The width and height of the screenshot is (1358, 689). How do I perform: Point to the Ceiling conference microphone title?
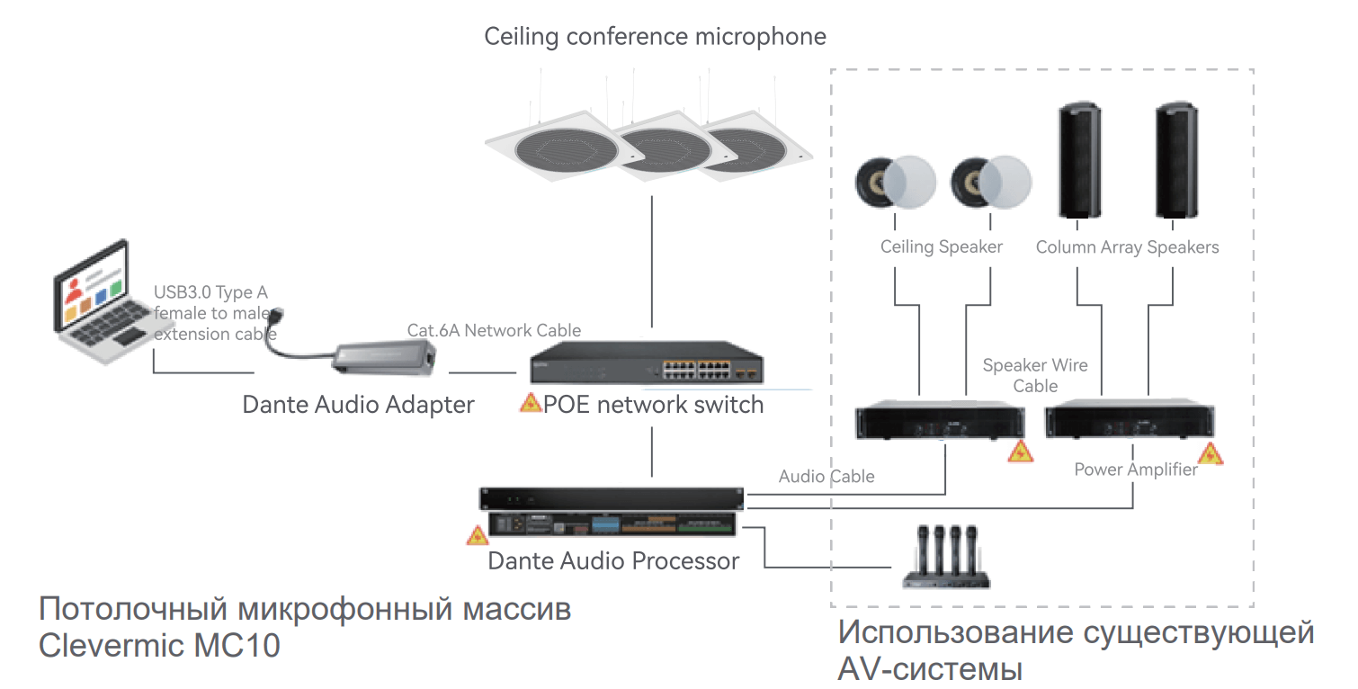pyautogui.click(x=655, y=37)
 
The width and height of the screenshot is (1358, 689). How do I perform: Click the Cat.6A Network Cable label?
pyautogui.click(x=494, y=330)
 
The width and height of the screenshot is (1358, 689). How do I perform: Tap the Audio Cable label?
pyautogui.click(x=826, y=477)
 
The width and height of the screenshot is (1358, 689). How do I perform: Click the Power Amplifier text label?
pyautogui.click(x=1135, y=470)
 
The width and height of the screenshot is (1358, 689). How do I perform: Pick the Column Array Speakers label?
pyautogui.click(x=1127, y=247)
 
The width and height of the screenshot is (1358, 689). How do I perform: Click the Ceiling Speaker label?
pyautogui.click(x=941, y=247)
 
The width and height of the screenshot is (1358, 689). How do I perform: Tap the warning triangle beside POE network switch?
pyautogui.click(x=531, y=403)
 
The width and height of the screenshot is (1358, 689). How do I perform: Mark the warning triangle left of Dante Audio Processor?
pyautogui.click(x=477, y=536)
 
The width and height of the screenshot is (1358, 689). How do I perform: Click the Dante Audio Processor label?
pyautogui.click(x=612, y=561)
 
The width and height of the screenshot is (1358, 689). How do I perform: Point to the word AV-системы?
pyautogui.click(x=929, y=669)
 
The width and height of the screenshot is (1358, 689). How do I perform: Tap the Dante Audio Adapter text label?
pyautogui.click(x=358, y=405)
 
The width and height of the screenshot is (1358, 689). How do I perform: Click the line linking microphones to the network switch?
pyautogui.click(x=649, y=261)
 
